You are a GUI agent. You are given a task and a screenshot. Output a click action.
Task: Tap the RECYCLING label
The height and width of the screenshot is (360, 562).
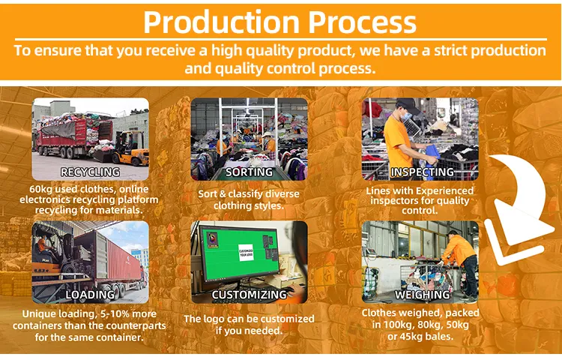pos(89,172)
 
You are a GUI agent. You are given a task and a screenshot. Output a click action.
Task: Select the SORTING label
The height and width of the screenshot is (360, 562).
pos(249,172)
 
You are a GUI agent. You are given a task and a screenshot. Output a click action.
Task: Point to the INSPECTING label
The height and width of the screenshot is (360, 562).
pos(422,172)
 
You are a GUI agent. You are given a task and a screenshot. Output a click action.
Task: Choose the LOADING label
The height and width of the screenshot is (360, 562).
pos(90,295)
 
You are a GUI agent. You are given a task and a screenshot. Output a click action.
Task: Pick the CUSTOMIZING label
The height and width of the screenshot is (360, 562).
pos(249,295)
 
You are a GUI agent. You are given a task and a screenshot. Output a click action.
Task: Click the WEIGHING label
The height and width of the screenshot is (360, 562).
pos(422,295)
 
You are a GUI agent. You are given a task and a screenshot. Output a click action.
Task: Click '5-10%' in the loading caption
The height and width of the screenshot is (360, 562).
pos(112,313)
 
